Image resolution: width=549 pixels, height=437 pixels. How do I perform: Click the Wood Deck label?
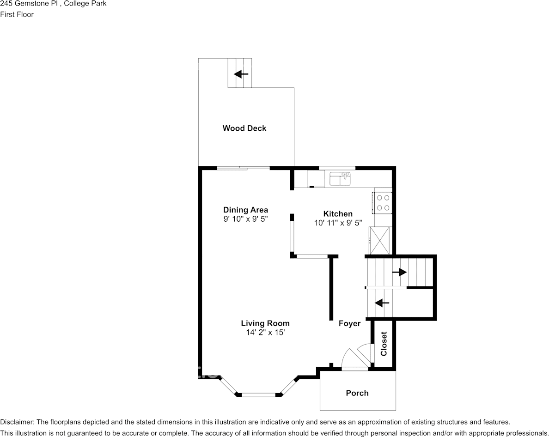(x=244, y=128)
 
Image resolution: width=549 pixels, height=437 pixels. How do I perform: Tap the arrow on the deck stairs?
(x=241, y=74)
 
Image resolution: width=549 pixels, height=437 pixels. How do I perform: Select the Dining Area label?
(x=245, y=210)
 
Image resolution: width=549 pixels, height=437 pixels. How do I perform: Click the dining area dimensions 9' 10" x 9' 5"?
(x=245, y=219)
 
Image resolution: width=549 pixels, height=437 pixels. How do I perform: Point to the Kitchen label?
(x=337, y=214)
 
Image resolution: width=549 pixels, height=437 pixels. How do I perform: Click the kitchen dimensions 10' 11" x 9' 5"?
(x=337, y=223)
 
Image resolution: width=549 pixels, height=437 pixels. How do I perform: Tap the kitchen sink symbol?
(x=340, y=178)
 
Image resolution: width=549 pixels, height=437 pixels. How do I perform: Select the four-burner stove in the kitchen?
(x=383, y=202)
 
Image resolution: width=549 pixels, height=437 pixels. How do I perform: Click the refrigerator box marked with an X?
(x=383, y=240)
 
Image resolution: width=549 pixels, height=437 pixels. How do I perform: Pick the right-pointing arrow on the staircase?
(x=399, y=272)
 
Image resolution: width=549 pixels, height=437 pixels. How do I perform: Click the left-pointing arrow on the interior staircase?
(x=382, y=303)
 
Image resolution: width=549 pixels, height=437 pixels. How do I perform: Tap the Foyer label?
(x=349, y=324)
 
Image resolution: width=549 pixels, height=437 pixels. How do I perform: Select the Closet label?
(x=384, y=344)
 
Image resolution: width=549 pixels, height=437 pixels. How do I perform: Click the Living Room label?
(x=265, y=323)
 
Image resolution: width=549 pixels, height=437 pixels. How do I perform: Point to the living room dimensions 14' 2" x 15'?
(x=265, y=332)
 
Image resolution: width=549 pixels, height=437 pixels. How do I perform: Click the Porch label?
(x=357, y=393)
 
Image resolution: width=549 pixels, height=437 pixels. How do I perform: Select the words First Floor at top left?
(x=17, y=14)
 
